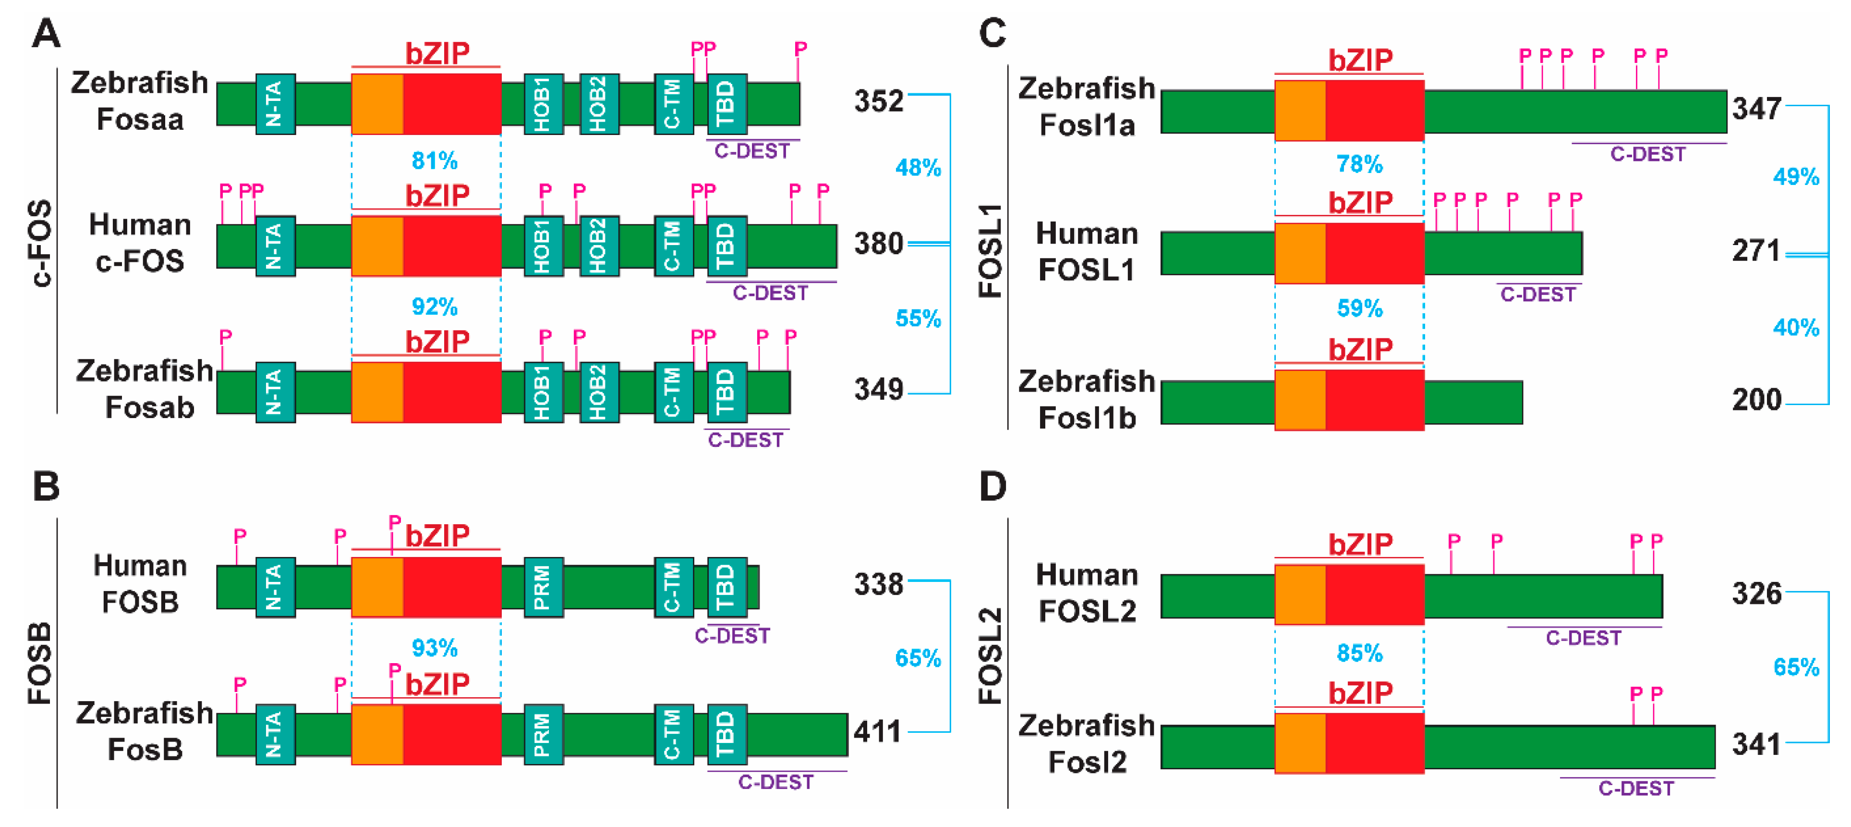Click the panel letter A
pyautogui.click(x=46, y=34)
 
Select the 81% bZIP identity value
pyautogui.click(x=434, y=160)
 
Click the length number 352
pyautogui.click(x=878, y=101)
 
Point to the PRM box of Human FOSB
pyautogui.click(x=543, y=587)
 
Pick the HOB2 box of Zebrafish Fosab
pyautogui.click(x=599, y=392)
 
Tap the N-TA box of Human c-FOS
pyautogui.click(x=275, y=246)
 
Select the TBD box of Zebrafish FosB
pyautogui.click(x=726, y=733)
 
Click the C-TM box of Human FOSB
pyautogui.click(x=673, y=587)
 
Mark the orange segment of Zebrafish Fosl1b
pyautogui.click(x=1300, y=400)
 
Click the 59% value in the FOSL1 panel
pyautogui.click(x=1359, y=309)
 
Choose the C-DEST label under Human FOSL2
pyautogui.click(x=1583, y=638)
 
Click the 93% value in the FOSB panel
pyautogui.click(x=434, y=648)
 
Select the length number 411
pyautogui.click(x=877, y=732)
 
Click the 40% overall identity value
pyautogui.click(x=1796, y=328)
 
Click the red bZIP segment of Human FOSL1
pyautogui.click(x=1374, y=253)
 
